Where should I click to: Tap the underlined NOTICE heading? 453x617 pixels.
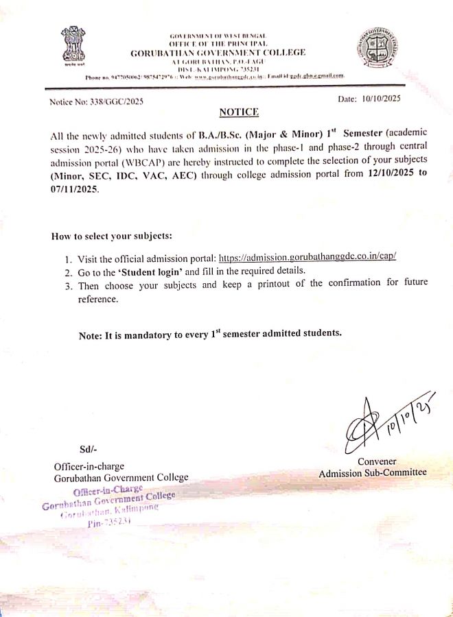point(239,112)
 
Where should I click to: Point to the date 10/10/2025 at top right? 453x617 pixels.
point(379,99)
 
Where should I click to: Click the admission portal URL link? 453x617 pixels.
point(307,258)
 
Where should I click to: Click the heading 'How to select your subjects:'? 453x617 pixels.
point(111,236)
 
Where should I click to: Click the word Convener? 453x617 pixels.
point(377,461)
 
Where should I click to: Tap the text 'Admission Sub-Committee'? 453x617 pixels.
point(372,473)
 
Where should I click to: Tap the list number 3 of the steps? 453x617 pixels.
point(68,285)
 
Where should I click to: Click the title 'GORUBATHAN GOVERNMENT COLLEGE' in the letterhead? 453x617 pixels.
point(218,52)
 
